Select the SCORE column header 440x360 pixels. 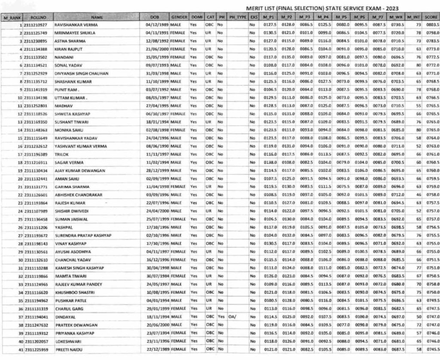[431, 17]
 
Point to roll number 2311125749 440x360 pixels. [36, 33]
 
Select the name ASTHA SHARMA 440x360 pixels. [67, 41]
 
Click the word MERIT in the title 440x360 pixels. [254, 8]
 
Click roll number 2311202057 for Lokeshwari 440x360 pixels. [36, 341]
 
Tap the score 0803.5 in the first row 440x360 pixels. [431, 25]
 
